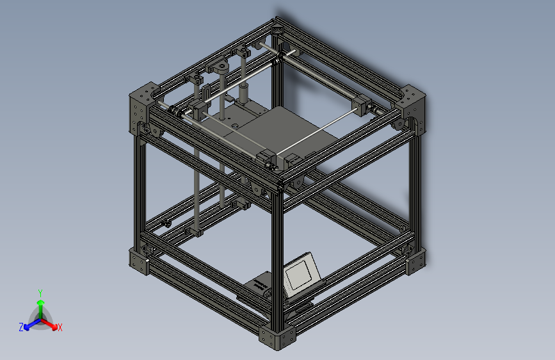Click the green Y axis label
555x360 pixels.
click(40, 291)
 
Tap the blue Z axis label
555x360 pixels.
click(21, 327)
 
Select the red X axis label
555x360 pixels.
click(60, 328)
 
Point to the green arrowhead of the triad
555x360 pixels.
click(40, 302)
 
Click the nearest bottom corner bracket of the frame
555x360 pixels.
click(278, 338)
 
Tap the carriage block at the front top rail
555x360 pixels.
click(268, 159)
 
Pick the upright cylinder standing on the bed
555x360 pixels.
click(244, 94)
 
